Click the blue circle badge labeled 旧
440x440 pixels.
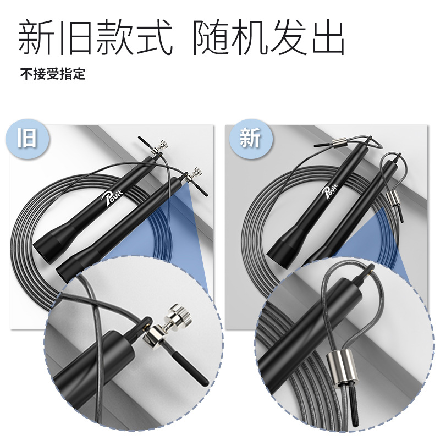click(27, 139)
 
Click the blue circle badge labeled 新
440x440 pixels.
click(251, 139)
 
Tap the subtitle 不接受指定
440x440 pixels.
click(52, 74)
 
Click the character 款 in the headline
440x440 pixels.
click(114, 37)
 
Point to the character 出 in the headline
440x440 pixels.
click(328, 37)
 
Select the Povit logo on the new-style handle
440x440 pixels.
click(331, 191)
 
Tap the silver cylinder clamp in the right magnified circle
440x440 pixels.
click(342, 367)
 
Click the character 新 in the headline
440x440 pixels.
click(36, 37)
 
